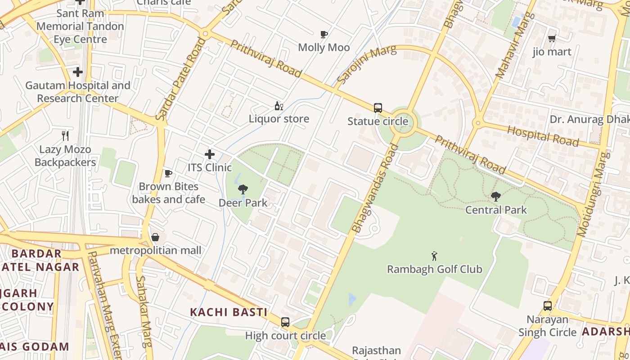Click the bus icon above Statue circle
point(378,108)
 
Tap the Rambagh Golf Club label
point(434,269)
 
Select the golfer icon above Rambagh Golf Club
point(434,256)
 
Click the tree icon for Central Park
point(495,197)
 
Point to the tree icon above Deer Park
point(243,189)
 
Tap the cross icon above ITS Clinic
point(210,154)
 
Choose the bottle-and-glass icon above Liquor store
point(279,106)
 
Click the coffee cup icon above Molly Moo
point(324,34)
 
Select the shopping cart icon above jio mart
point(552,39)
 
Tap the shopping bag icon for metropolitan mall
point(155,237)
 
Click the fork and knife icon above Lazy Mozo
point(65,136)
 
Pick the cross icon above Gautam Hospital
point(78,72)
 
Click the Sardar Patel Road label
point(180,80)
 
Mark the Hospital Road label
point(543,136)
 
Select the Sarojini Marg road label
point(366,64)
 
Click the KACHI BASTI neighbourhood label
point(229,312)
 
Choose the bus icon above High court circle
point(285,322)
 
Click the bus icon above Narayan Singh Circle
point(547,306)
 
